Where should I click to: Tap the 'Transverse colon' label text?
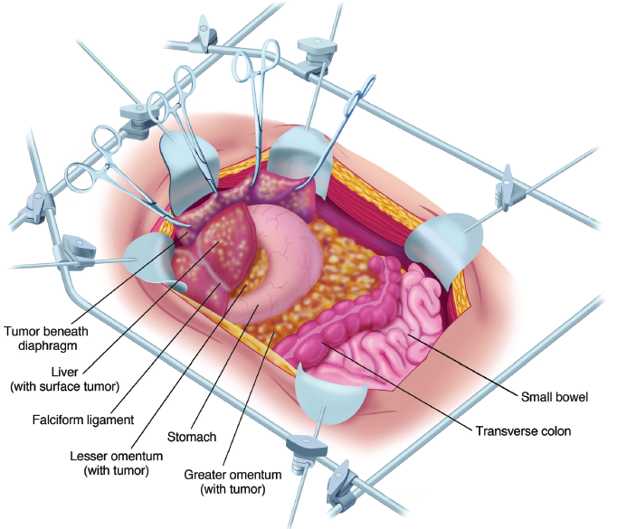523,431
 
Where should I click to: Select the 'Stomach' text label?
191,438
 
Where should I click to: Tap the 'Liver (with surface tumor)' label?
63,379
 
